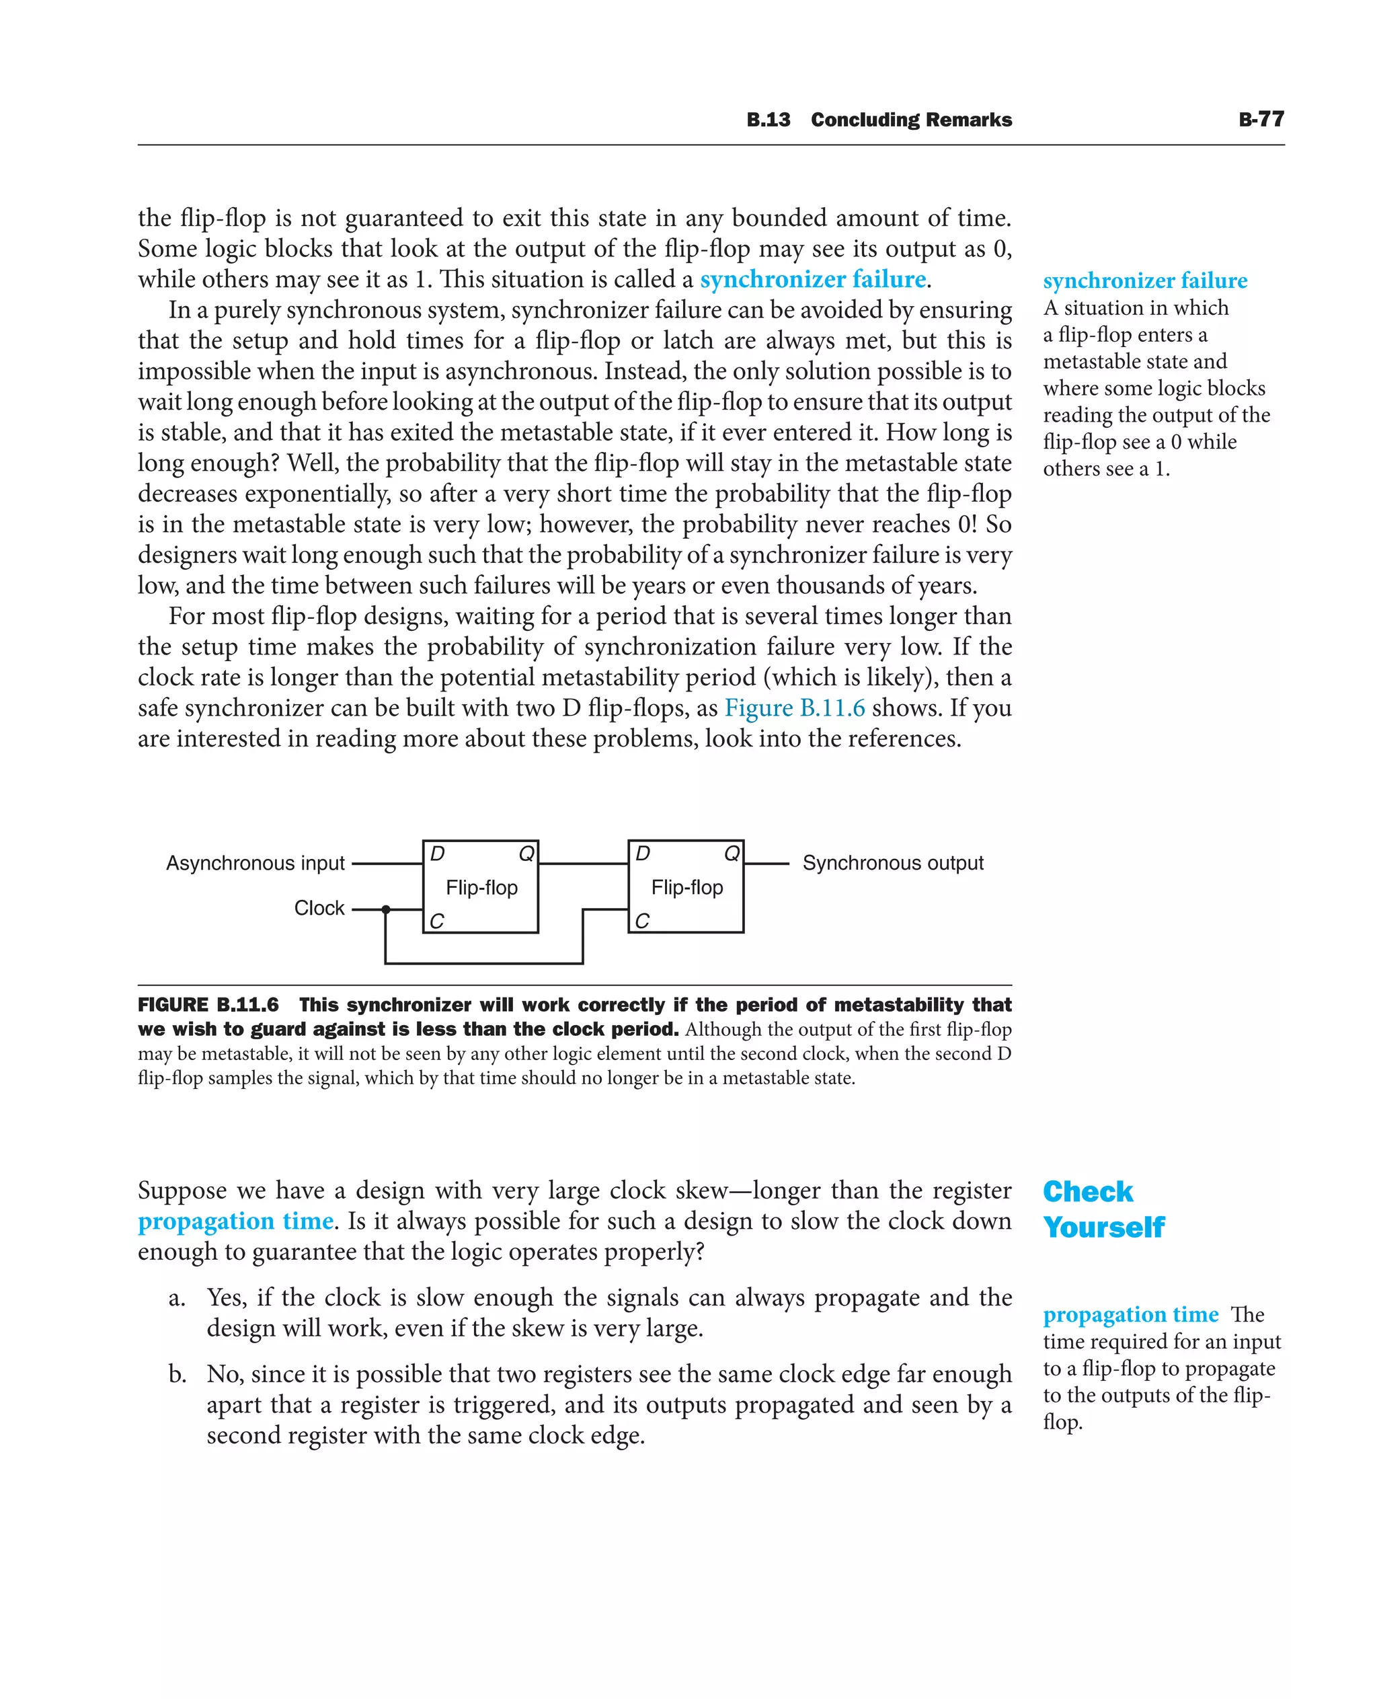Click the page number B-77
point(1261,119)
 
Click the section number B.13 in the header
point(768,120)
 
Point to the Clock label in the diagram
point(319,908)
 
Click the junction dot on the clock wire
point(387,909)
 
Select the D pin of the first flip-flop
point(437,854)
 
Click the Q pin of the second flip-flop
point(732,854)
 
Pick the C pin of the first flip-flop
point(436,921)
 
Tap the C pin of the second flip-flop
point(641,921)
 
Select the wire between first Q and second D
point(583,864)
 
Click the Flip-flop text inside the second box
point(687,887)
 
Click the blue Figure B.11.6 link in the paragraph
point(794,708)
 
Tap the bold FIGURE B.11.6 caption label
point(208,1005)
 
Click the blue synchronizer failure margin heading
point(1144,281)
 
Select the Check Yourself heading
point(1103,1209)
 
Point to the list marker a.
point(177,1298)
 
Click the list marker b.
point(177,1374)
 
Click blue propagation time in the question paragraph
point(235,1221)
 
